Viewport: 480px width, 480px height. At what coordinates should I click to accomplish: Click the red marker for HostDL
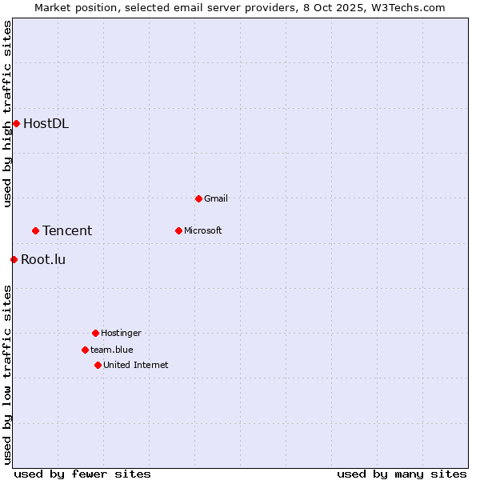point(16,123)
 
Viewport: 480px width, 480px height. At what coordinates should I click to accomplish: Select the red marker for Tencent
point(35,230)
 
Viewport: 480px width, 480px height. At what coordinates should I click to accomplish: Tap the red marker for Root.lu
point(14,259)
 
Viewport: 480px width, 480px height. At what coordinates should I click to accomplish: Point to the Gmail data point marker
point(198,198)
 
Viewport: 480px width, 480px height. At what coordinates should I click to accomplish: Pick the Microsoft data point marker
point(178,230)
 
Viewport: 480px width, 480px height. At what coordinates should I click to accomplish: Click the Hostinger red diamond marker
point(95,333)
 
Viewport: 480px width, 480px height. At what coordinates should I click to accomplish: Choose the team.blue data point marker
point(85,350)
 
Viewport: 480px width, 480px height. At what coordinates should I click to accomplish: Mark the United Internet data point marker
point(98,365)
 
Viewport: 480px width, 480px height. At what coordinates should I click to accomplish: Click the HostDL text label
point(46,123)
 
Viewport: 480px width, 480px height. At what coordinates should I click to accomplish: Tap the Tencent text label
point(67,230)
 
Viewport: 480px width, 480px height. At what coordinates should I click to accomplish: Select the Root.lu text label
point(43,259)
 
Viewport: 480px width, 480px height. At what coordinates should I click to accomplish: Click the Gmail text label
point(216,198)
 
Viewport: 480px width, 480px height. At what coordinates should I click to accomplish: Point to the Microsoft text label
point(202,230)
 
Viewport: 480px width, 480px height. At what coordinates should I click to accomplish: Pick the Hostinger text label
point(121,333)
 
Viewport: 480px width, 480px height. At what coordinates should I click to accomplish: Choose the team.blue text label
point(111,350)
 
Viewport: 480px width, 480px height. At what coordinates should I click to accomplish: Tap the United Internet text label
point(135,365)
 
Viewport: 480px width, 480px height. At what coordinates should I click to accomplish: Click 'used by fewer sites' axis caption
point(82,474)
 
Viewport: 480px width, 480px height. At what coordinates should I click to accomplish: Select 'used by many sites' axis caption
point(402,474)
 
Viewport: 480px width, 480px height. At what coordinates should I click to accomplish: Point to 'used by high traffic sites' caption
point(7,114)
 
